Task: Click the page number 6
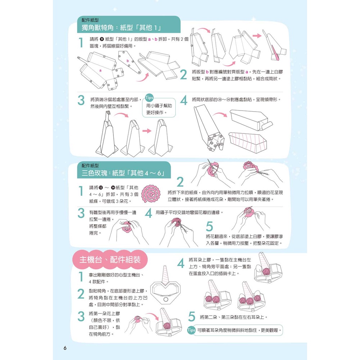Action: pyautogui.click(x=65, y=348)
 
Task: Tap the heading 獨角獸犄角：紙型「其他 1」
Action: pyautogui.click(x=121, y=28)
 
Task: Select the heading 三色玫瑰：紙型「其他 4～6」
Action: pyautogui.click(x=123, y=173)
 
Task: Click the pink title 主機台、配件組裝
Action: pyautogui.click(x=110, y=260)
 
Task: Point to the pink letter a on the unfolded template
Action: pyautogui.click(x=100, y=71)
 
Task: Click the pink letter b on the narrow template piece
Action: pyautogui.click(x=128, y=61)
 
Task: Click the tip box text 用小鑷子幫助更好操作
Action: pyautogui.click(x=159, y=109)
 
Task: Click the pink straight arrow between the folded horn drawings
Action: pyautogui.click(x=147, y=131)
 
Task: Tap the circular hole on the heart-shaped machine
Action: pyautogui.click(x=165, y=300)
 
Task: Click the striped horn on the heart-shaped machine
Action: pyautogui.click(x=165, y=275)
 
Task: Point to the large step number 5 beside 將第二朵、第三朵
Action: pyautogui.click(x=192, y=317)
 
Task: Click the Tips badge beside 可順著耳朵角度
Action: pyautogui.click(x=191, y=330)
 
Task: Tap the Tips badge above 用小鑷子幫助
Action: pyautogui.click(x=149, y=98)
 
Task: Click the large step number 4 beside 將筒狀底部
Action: pyautogui.click(x=184, y=100)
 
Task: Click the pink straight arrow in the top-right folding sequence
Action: pyautogui.click(x=257, y=36)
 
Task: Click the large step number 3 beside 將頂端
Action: pyautogui.click(x=81, y=100)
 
